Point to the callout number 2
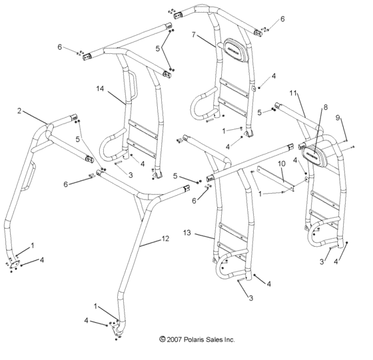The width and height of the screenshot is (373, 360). coord(20,110)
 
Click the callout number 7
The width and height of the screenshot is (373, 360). coord(194,35)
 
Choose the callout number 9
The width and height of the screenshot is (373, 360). coord(338,118)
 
